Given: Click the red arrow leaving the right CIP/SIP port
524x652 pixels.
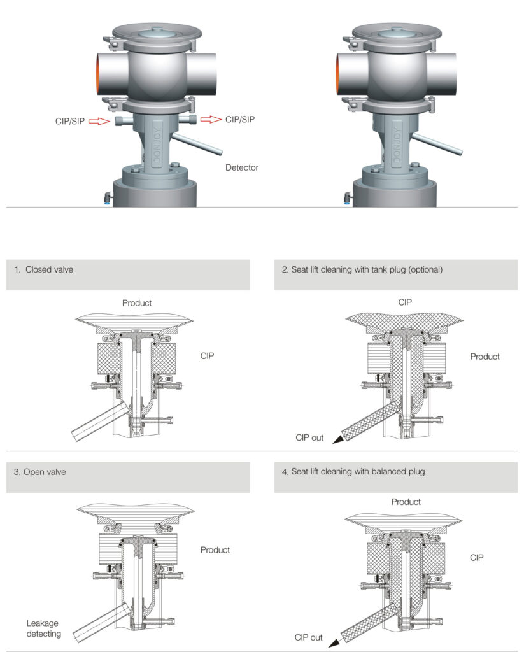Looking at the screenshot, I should coord(210,119).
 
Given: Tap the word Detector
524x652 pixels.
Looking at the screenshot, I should coord(242,168).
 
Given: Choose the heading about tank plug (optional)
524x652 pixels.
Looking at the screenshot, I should coord(362,269).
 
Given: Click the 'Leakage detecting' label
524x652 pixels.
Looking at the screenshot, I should coord(44,628).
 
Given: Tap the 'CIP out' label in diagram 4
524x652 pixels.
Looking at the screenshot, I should coord(309,637).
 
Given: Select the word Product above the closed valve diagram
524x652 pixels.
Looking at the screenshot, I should coord(137,303).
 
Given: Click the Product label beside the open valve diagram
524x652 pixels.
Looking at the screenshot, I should coord(215,550).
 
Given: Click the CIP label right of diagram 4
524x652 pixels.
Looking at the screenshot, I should coord(477,557).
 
